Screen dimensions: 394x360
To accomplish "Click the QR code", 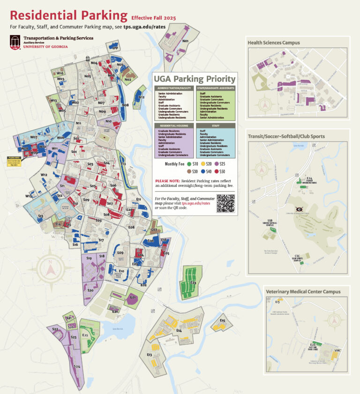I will [x=225, y=203].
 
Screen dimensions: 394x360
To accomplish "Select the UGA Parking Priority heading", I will [x=195, y=79].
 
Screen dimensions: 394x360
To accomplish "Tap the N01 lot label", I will [x=185, y=41].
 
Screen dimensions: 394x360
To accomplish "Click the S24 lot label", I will [x=77, y=366].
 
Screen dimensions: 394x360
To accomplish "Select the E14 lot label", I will [x=179, y=331].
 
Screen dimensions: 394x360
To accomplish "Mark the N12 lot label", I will [x=141, y=97].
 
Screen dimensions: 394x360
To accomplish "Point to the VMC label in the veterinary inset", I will [x=337, y=350].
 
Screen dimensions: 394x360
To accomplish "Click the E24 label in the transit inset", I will [x=309, y=178].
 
